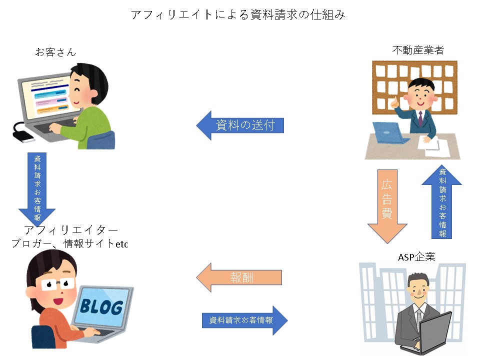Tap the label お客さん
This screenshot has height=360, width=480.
[x=55, y=51]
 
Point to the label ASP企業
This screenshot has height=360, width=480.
[x=416, y=257]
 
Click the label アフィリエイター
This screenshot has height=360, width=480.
[x=70, y=231]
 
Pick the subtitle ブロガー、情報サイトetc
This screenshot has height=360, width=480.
[x=70, y=244]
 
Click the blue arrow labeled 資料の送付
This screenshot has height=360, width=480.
[x=240, y=125]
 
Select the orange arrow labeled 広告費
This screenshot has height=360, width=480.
[x=386, y=205]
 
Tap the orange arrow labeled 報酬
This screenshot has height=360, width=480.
[x=240, y=277]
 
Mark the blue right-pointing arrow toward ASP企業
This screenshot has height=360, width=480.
[x=245, y=319]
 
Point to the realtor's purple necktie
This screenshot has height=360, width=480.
[x=420, y=118]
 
